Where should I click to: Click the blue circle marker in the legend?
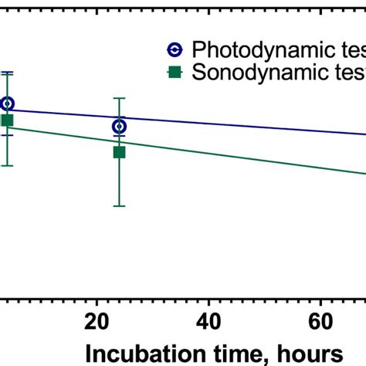pyautogui.click(x=175, y=50)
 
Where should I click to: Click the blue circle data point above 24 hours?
pyautogui.click(x=119, y=126)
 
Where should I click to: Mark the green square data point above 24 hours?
pyautogui.click(x=119, y=152)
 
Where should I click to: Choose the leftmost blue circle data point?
pyautogui.click(x=7, y=103)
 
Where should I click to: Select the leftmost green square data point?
pyautogui.click(x=7, y=120)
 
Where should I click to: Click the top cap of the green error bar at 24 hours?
pyautogui.click(x=119, y=98)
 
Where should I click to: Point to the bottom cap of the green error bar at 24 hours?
pyautogui.click(x=119, y=205)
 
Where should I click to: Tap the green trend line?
pyautogui.click(x=232, y=152)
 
